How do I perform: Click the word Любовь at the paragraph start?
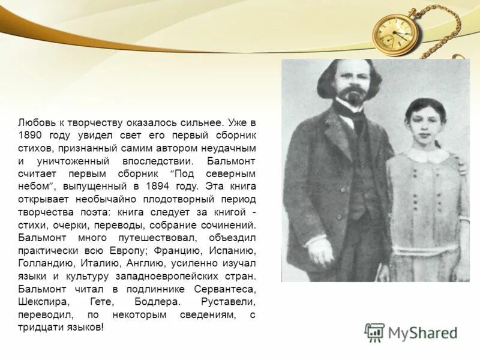pos(34,122)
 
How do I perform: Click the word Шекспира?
pos(39,302)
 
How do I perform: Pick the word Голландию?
pos(44,263)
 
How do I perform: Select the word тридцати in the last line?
pos(38,328)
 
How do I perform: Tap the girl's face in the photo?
pos(425,127)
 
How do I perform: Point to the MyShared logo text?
pos(422,332)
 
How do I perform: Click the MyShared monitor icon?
pos(374,332)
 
